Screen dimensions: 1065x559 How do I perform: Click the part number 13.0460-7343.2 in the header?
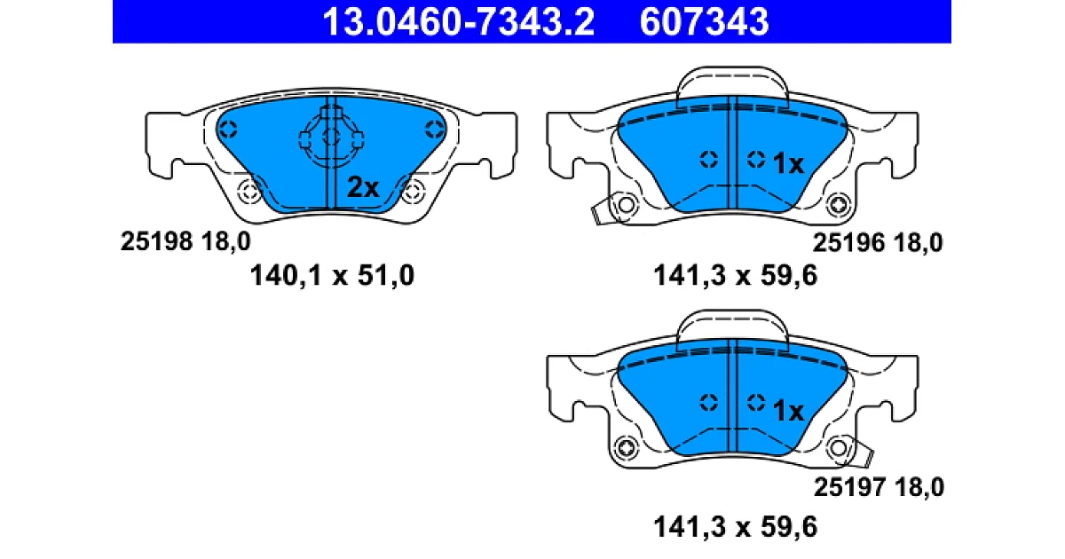pyautogui.click(x=458, y=22)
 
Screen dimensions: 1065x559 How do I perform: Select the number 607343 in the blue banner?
pyautogui.click(x=704, y=22)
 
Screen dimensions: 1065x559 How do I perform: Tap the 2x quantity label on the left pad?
pyautogui.click(x=363, y=187)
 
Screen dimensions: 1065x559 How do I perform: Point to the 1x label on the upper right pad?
pyautogui.click(x=788, y=163)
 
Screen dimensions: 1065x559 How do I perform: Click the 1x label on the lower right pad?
pyautogui.click(x=788, y=410)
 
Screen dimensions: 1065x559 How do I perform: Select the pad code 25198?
pyautogui.click(x=156, y=241)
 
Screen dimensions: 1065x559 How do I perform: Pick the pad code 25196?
pyautogui.click(x=848, y=243)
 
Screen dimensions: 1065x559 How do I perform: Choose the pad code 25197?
pyautogui.click(x=849, y=487)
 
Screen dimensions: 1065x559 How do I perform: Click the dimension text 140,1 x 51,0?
pyautogui.click(x=332, y=275)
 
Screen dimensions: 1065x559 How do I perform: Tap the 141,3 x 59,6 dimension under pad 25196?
pyautogui.click(x=736, y=275)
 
